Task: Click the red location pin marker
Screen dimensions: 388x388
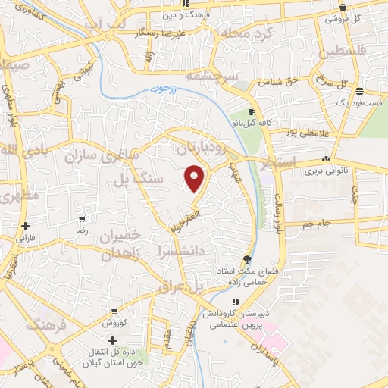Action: tap(195, 178)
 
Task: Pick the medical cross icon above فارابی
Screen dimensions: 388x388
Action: tap(26, 226)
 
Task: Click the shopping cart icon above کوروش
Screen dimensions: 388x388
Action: tap(114, 311)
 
